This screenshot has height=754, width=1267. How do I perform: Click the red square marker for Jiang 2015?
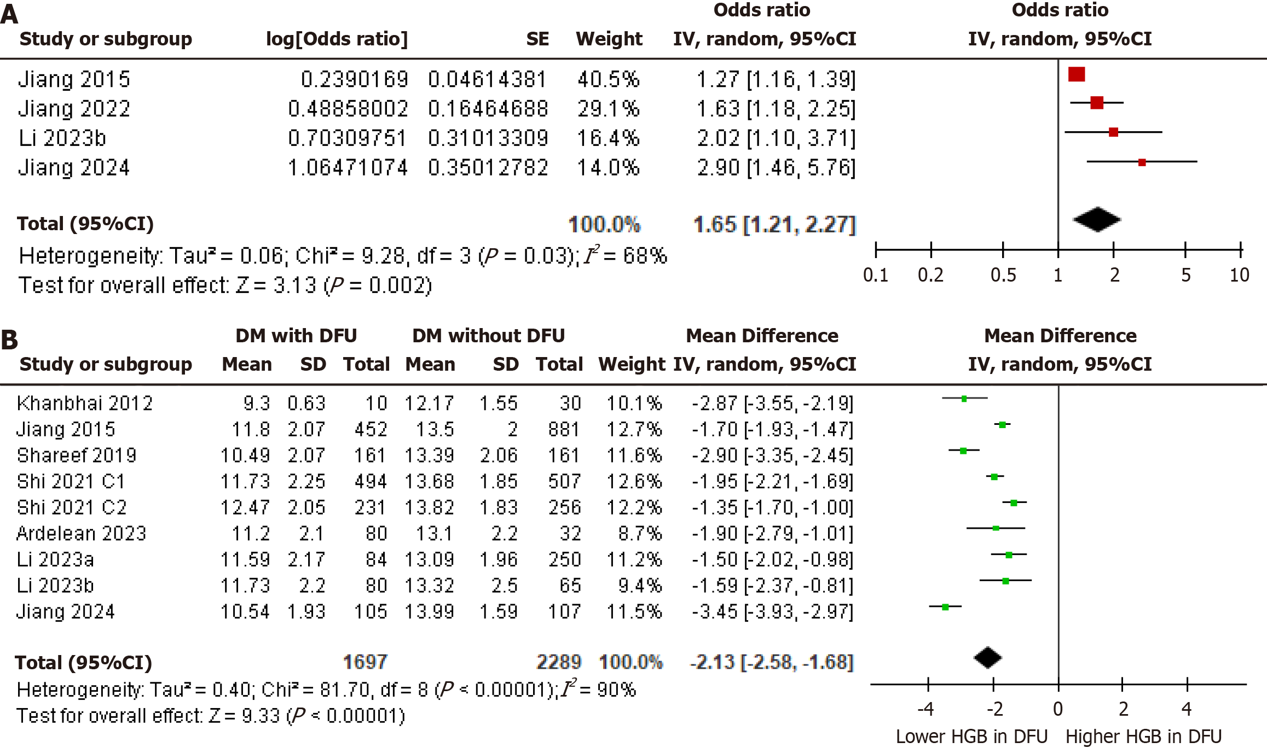(1076, 74)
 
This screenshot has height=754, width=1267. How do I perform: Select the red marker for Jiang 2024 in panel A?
(1142, 162)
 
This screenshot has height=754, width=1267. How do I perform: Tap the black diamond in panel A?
(1097, 220)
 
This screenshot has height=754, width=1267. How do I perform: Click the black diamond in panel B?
(988, 658)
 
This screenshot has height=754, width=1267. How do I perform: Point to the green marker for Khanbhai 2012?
(964, 399)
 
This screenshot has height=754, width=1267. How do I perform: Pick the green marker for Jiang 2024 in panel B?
(945, 607)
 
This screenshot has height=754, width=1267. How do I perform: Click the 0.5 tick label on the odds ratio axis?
(1003, 275)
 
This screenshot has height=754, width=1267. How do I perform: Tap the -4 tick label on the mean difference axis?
(925, 709)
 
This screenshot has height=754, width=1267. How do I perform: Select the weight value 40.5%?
(608, 80)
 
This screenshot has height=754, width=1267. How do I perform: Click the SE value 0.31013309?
(488, 138)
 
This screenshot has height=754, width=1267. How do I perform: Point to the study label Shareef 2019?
(77, 455)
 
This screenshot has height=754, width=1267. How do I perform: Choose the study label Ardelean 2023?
(82, 534)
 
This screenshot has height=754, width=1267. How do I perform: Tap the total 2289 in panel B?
(558, 662)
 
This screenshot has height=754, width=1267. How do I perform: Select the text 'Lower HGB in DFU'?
(971, 737)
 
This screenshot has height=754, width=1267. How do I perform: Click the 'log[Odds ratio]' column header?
(337, 39)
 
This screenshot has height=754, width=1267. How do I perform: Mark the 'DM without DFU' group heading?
(488, 336)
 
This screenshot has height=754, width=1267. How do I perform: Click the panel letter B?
(10, 340)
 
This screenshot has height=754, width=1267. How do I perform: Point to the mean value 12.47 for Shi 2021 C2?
(245, 508)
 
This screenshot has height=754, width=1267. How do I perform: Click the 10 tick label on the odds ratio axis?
(1239, 275)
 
